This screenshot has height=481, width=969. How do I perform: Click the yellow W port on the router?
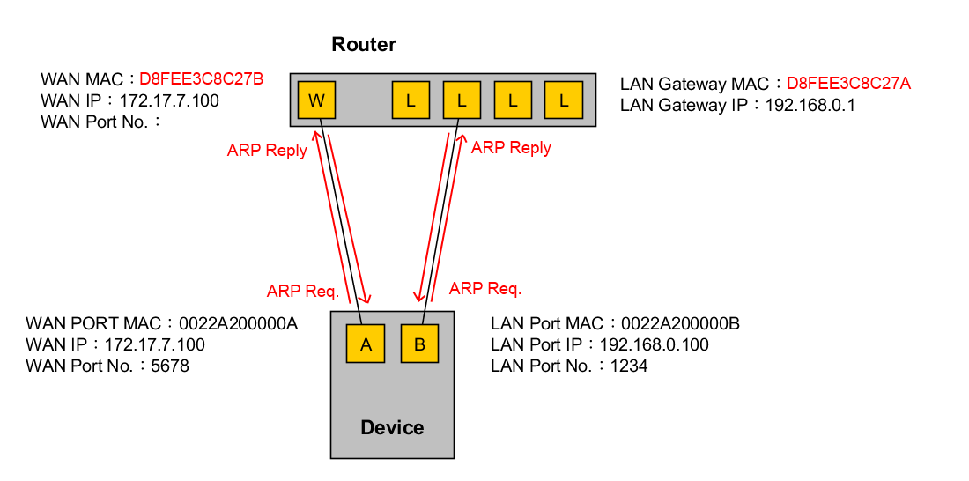coord(317,100)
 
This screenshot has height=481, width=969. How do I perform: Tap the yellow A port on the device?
coord(366,344)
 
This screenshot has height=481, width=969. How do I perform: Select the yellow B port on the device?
coord(419,344)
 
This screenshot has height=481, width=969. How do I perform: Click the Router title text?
coord(364,44)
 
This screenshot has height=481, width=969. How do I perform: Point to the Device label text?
coord(392,428)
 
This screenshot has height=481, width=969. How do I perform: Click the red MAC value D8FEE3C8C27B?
coord(202,79)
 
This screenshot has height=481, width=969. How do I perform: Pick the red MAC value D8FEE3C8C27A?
coord(848,84)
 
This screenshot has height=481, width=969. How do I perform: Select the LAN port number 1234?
coord(629,366)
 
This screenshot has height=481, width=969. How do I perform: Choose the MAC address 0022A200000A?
coord(238,323)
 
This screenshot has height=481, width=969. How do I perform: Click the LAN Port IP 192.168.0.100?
coord(654,344)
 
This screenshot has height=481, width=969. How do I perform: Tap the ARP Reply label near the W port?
coord(267,151)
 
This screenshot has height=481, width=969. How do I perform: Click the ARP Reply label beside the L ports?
coord(511,148)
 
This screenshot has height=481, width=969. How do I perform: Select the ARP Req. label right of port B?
coord(485,288)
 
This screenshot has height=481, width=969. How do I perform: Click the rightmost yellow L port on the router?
coord(564,100)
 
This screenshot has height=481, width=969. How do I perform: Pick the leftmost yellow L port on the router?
coord(411,100)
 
